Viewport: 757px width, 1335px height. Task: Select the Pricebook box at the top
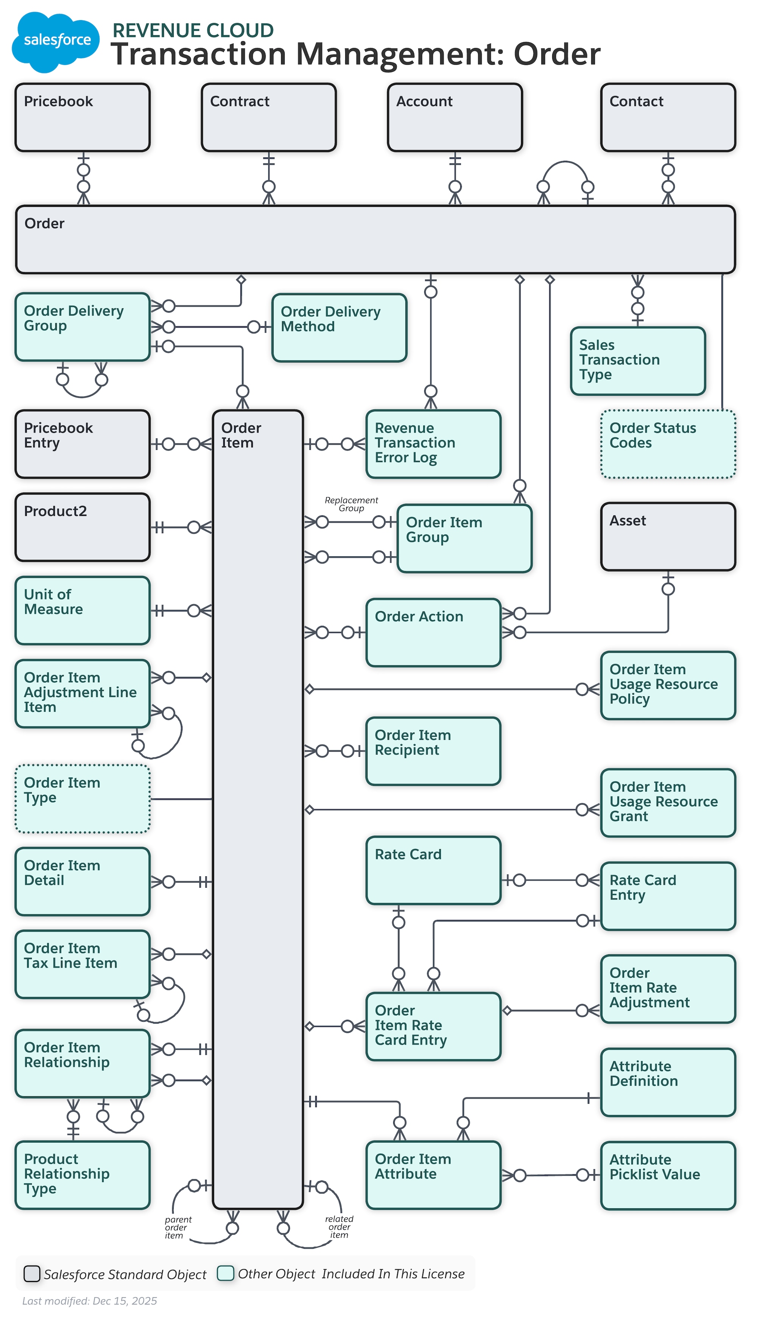pyautogui.click(x=83, y=117)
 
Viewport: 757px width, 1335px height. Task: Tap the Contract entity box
pyautogui.click(x=269, y=117)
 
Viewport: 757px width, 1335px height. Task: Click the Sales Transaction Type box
pyautogui.click(x=637, y=361)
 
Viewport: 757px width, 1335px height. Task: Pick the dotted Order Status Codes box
pyautogui.click(x=668, y=444)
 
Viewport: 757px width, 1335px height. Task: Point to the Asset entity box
pyautogui.click(x=668, y=536)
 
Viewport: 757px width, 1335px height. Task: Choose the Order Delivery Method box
pyautogui.click(x=339, y=327)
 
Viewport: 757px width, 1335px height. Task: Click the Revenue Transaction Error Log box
pyautogui.click(x=433, y=444)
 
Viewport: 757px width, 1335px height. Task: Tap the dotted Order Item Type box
pyautogui.click(x=83, y=799)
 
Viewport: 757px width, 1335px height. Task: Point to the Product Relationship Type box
pyautogui.click(x=83, y=1175)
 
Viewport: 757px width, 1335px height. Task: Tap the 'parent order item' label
pyautogui.click(x=177, y=1228)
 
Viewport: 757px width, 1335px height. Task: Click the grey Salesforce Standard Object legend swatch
pyautogui.click(x=32, y=1274)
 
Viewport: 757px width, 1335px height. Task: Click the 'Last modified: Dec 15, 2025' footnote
pyautogui.click(x=89, y=1301)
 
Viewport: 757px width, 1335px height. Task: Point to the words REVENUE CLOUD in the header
pyautogui.click(x=193, y=30)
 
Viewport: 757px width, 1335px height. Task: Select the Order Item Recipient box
pyautogui.click(x=433, y=751)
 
